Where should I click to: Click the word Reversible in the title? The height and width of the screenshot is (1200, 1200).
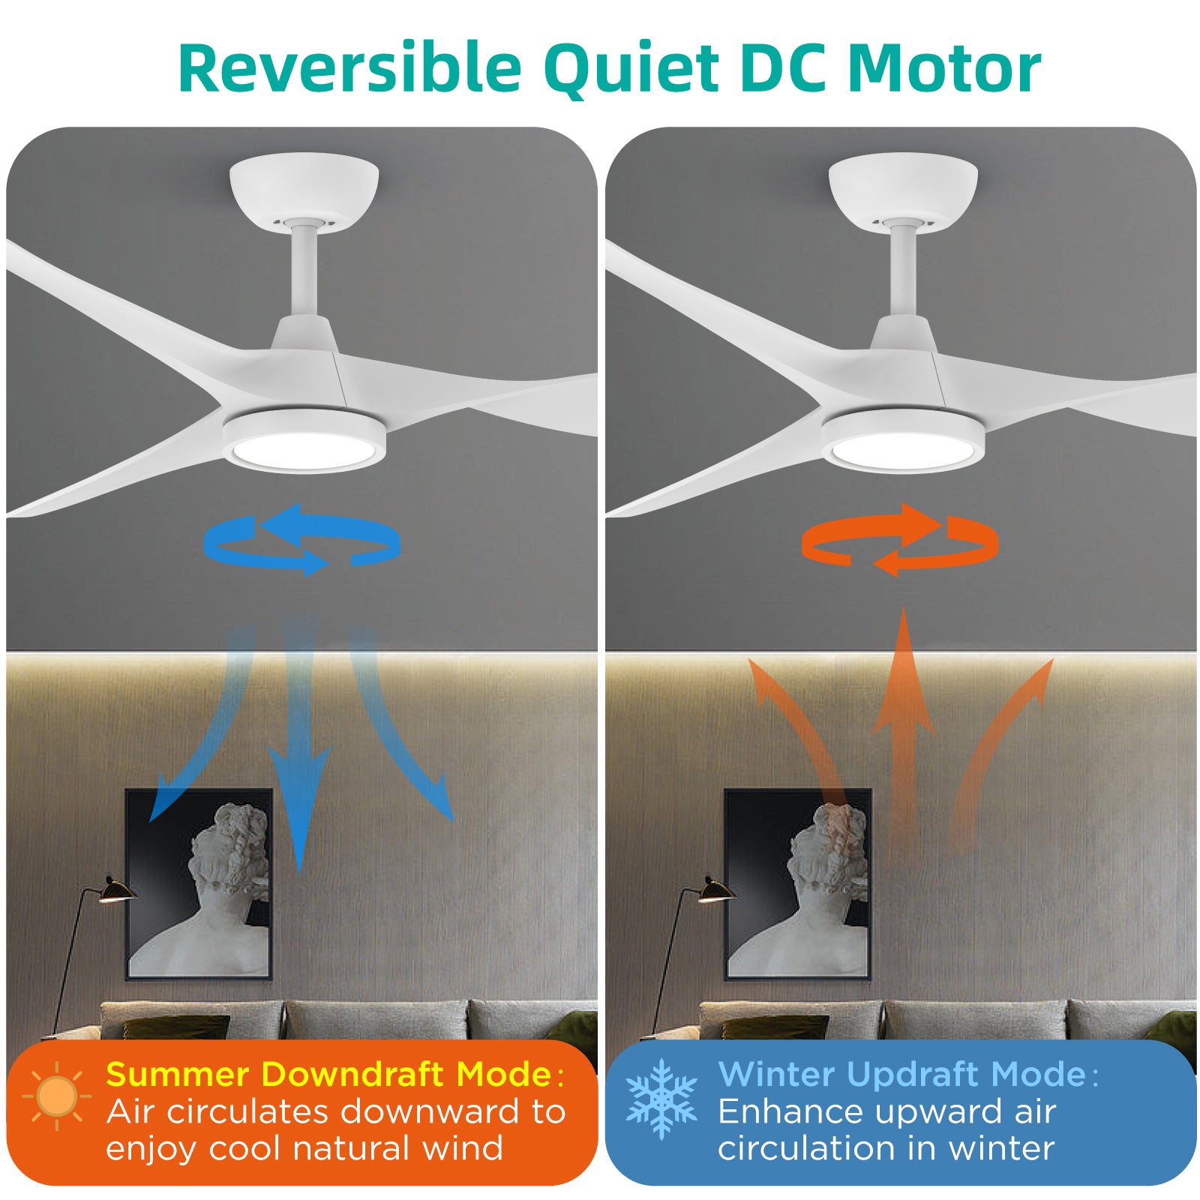[x=349, y=68]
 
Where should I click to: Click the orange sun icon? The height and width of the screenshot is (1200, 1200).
[x=56, y=1096]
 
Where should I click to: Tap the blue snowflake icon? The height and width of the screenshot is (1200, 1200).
[x=661, y=1099]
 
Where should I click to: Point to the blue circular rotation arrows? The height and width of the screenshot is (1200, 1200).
[x=301, y=539]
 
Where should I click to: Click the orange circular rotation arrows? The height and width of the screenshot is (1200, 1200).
[x=899, y=539]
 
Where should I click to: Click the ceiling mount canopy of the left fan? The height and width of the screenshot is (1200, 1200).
[x=304, y=188]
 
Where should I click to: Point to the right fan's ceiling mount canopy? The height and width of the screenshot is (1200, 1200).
[x=903, y=188]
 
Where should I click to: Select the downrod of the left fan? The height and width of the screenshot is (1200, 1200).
[x=304, y=269]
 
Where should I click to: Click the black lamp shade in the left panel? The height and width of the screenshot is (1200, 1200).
[x=116, y=889]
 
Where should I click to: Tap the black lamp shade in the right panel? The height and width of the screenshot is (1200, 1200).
[x=715, y=889]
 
